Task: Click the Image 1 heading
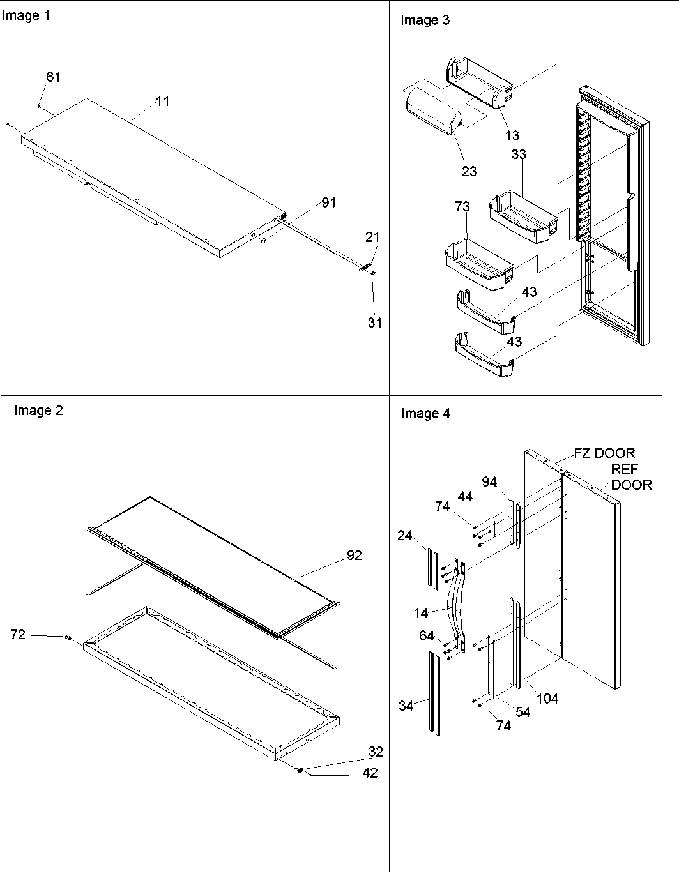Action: (x=26, y=16)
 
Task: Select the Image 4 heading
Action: (x=425, y=414)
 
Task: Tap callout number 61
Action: (x=54, y=77)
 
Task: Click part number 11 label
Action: (x=163, y=101)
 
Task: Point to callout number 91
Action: (x=329, y=202)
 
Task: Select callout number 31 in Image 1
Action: (x=374, y=322)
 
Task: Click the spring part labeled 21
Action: (x=365, y=268)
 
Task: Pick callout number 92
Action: (x=354, y=556)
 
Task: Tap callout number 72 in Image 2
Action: (x=18, y=635)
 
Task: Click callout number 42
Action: (x=370, y=773)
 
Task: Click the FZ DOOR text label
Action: (x=604, y=453)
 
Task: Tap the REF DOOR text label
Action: (x=631, y=478)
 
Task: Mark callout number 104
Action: (x=547, y=699)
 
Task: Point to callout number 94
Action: (x=489, y=482)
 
